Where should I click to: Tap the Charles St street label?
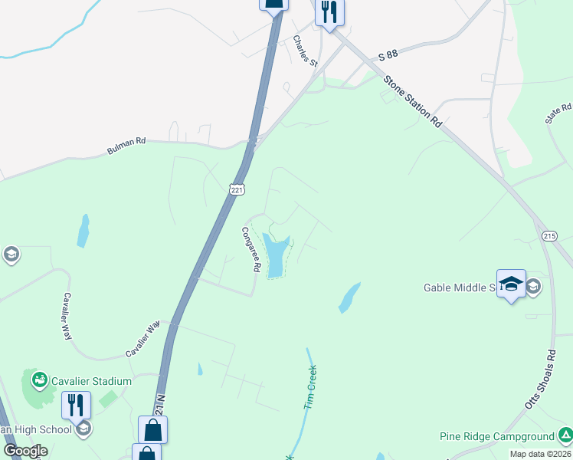[305, 50]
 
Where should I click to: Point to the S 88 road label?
[388, 56]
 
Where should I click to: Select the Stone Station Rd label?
[413, 100]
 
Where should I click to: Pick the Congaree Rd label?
[252, 251]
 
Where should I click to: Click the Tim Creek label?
[310, 386]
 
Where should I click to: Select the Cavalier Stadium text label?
[91, 380]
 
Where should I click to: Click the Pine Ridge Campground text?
[496, 436]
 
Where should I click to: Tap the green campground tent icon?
[565, 436]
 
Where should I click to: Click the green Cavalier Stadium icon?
[39, 379]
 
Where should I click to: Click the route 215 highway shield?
[548, 235]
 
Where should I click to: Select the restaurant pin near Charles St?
[329, 13]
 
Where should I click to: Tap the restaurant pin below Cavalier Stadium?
[76, 404]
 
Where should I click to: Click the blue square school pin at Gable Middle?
[511, 284]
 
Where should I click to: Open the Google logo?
[25, 451]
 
